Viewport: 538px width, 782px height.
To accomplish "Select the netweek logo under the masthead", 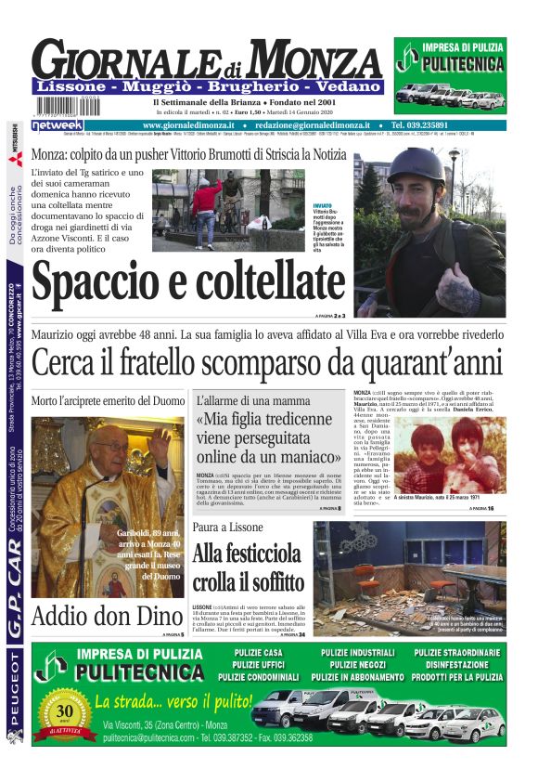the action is (x=58, y=124).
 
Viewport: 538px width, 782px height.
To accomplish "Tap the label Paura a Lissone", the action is (x=228, y=527).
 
